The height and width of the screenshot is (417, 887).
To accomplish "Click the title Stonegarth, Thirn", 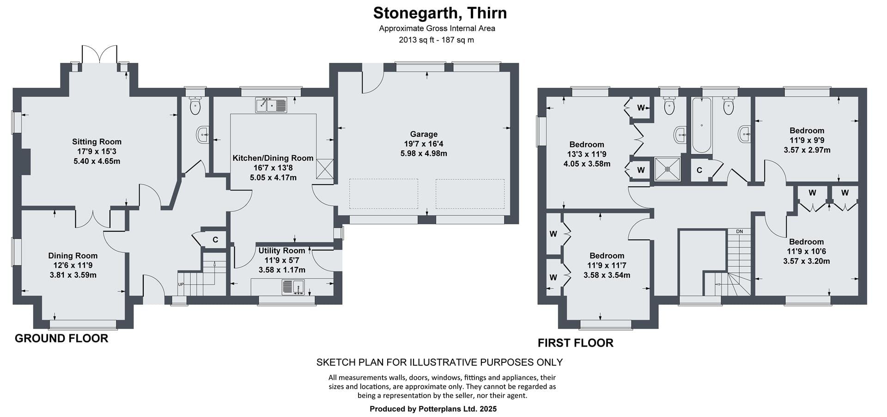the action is pos(440,13).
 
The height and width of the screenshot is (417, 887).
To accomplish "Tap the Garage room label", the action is pos(424,134).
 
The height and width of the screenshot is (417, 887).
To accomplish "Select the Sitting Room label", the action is pos(97,141).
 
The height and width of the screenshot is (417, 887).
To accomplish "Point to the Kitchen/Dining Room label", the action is pos(273,158).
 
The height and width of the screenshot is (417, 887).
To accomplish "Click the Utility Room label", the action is pos(282,251).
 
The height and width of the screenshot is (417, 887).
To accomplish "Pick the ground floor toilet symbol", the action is pos(195,106).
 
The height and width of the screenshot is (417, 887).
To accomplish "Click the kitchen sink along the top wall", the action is pos(271,105).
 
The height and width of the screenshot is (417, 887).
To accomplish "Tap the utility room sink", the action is pos(293,287).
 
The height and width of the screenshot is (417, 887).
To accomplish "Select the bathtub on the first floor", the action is pos(701,125).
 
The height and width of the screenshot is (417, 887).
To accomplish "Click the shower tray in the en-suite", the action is pos(668,169).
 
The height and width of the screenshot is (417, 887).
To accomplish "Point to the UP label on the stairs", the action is pos(181,284).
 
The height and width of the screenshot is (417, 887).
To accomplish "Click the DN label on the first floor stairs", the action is pos(739,231).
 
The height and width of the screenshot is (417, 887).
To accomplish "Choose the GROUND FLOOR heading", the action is pos(61,338).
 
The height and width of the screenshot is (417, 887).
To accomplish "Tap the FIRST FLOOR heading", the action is pos(576,343).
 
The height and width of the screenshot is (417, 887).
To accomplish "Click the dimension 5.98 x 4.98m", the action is pos(424,153).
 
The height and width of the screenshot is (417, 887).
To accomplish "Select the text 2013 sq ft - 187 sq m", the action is pos(437,40).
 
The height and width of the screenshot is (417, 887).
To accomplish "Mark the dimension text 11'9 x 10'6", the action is pos(807,251).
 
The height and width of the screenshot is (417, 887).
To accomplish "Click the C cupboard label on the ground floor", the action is pos(215,240).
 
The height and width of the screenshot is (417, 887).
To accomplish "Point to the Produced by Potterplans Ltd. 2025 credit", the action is pos(433,409).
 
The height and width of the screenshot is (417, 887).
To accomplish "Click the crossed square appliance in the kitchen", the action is pos(325,168).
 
